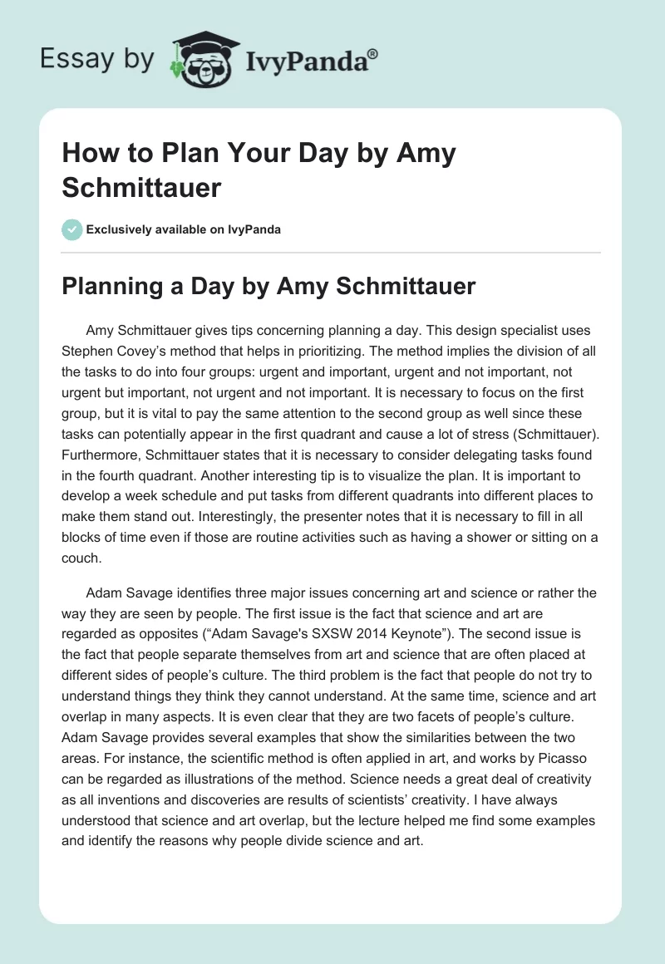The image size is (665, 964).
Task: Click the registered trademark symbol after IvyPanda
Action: [x=373, y=54]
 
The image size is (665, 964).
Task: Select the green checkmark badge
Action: [x=71, y=229]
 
